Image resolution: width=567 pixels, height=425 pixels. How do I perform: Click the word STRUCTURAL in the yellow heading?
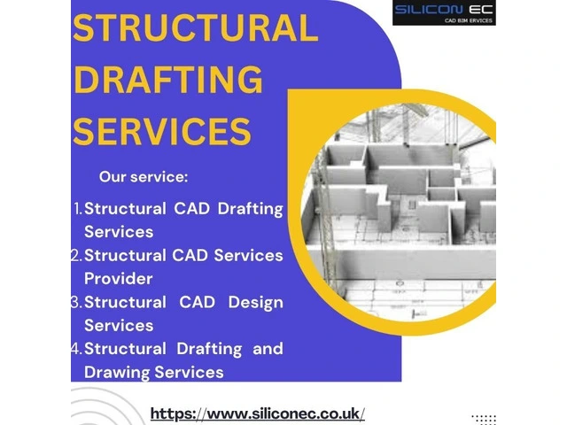[x=195, y=28]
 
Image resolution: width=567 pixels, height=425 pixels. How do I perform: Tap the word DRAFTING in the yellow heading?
[x=167, y=80]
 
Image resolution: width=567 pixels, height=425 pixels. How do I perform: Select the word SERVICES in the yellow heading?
[x=162, y=131]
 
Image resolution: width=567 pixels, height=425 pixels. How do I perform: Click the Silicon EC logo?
[x=444, y=12]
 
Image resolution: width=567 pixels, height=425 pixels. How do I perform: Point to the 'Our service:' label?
[x=144, y=177]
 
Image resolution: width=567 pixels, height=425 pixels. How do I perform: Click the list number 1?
[x=78, y=209]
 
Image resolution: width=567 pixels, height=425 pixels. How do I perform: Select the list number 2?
[x=77, y=256]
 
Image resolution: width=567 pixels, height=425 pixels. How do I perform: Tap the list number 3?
[x=77, y=302]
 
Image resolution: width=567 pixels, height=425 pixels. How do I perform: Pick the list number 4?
[x=77, y=349]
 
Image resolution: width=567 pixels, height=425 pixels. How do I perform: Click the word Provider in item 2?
[x=118, y=279]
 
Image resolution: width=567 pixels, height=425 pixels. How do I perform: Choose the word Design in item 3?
[x=256, y=303]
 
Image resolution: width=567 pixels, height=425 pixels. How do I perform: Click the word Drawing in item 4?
[x=116, y=373]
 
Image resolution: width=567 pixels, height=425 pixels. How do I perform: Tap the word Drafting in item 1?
[x=250, y=210]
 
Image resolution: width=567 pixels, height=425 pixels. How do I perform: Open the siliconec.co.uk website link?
[x=258, y=413]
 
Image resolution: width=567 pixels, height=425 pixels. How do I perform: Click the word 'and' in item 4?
[x=268, y=349]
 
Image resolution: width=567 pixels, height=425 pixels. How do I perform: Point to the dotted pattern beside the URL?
[x=484, y=419]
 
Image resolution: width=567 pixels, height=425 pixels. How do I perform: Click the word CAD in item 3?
[x=197, y=302]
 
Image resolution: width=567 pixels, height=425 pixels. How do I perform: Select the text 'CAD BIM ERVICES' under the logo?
[x=469, y=20]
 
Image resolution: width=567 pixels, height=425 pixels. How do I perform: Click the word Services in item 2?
[x=248, y=256]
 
